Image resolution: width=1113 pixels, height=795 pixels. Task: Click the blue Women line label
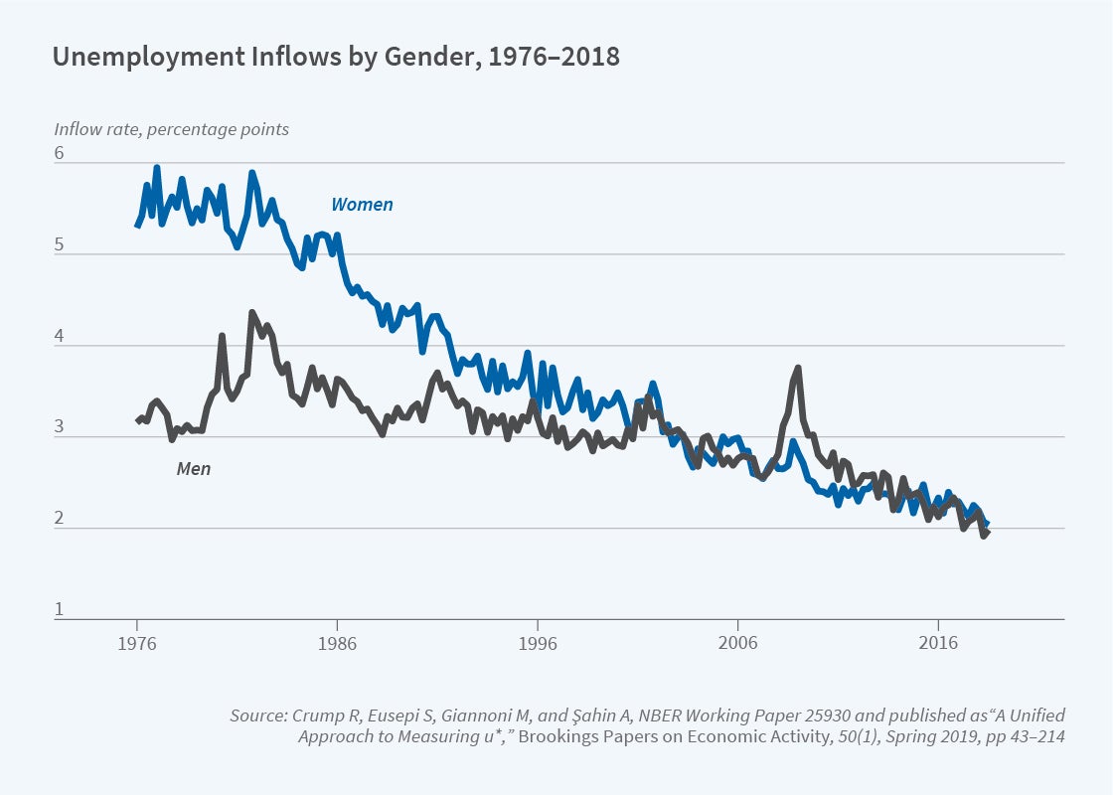click(x=362, y=205)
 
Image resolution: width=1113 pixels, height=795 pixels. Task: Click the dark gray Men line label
click(x=193, y=468)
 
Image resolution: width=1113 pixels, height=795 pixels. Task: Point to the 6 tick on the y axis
click(x=59, y=154)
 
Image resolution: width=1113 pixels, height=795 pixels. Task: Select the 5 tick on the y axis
click(x=59, y=245)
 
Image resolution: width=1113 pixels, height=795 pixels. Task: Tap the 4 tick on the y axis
click(x=59, y=337)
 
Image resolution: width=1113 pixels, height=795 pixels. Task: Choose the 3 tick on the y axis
click(x=59, y=428)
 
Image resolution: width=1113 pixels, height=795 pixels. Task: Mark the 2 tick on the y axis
click(x=59, y=520)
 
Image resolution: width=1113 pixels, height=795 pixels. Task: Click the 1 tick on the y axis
click(x=59, y=610)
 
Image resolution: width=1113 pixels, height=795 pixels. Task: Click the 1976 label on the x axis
click(x=136, y=643)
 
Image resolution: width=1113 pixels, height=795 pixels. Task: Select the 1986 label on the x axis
click(x=337, y=643)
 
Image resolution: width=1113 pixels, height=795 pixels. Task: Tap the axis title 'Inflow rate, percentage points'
click(x=171, y=129)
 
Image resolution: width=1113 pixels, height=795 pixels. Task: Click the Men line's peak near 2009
click(x=798, y=369)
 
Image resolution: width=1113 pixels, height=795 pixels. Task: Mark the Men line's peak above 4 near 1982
click(x=251, y=313)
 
